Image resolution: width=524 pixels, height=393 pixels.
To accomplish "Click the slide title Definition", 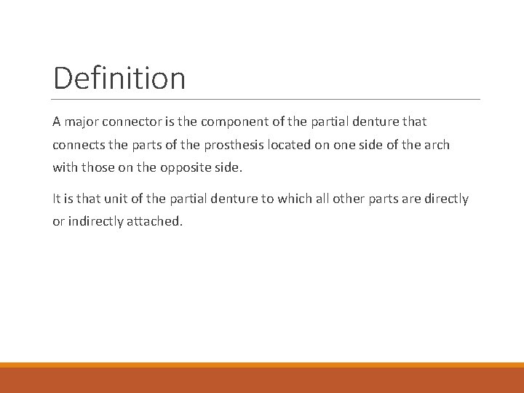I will (119, 78).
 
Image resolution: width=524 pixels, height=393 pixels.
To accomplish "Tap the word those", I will (98, 167).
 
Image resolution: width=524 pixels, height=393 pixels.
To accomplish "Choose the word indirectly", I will (96, 221).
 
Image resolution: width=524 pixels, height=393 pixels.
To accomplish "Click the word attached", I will (156, 221).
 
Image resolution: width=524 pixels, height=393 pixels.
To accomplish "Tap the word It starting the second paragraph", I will (57, 199).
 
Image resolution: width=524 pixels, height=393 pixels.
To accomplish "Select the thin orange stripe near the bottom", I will (262, 365).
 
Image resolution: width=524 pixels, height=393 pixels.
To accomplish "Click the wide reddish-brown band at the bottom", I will (262, 380).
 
